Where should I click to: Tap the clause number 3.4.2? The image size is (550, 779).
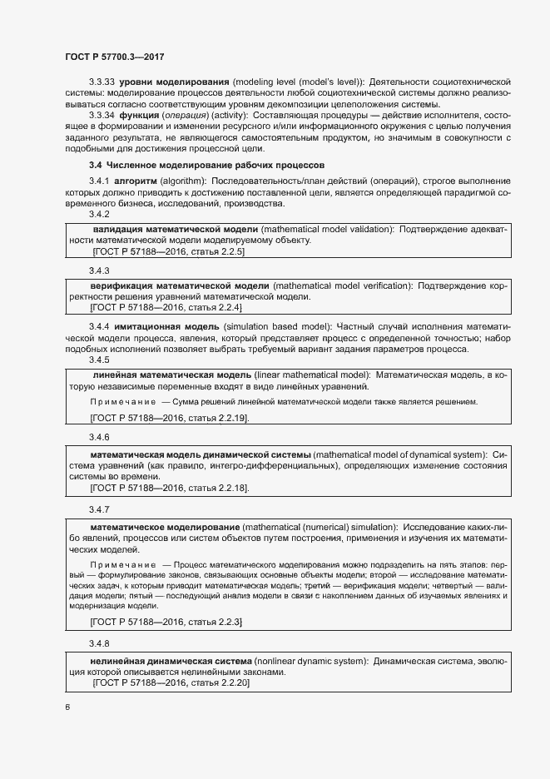tap(99, 214)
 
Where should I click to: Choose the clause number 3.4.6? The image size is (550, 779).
tap(99, 437)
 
